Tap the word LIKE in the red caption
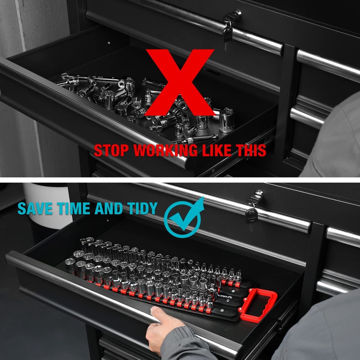219,150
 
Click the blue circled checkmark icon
183,218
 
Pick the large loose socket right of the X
226,121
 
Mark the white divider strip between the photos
180,180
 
